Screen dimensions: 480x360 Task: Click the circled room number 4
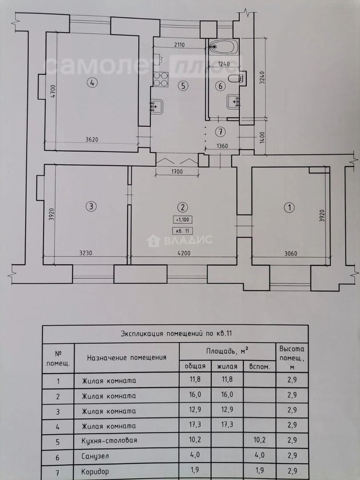[x=92, y=83]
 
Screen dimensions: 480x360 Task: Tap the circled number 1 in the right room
[x=289, y=207]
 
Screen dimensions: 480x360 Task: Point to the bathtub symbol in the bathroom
[x=224, y=45]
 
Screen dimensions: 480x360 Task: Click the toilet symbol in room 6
[x=235, y=79]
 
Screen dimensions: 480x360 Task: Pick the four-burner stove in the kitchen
[x=160, y=79]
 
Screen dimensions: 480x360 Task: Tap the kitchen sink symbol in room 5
[x=156, y=106]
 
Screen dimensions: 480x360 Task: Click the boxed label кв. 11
[x=183, y=231]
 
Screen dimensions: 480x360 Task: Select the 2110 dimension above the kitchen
[x=180, y=44]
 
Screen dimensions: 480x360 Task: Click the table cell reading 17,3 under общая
[x=195, y=425]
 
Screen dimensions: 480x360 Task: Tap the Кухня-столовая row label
[x=109, y=440]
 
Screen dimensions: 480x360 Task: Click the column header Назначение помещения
[x=127, y=357]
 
